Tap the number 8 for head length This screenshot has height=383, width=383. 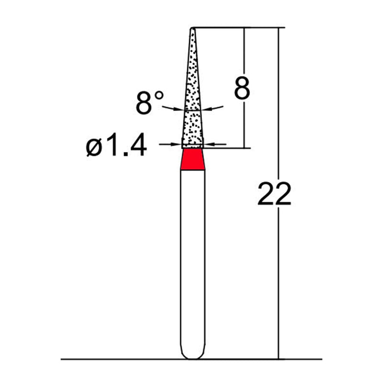(x=242, y=89)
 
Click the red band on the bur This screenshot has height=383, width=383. (x=193, y=159)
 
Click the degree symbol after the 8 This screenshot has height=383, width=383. (x=159, y=95)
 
